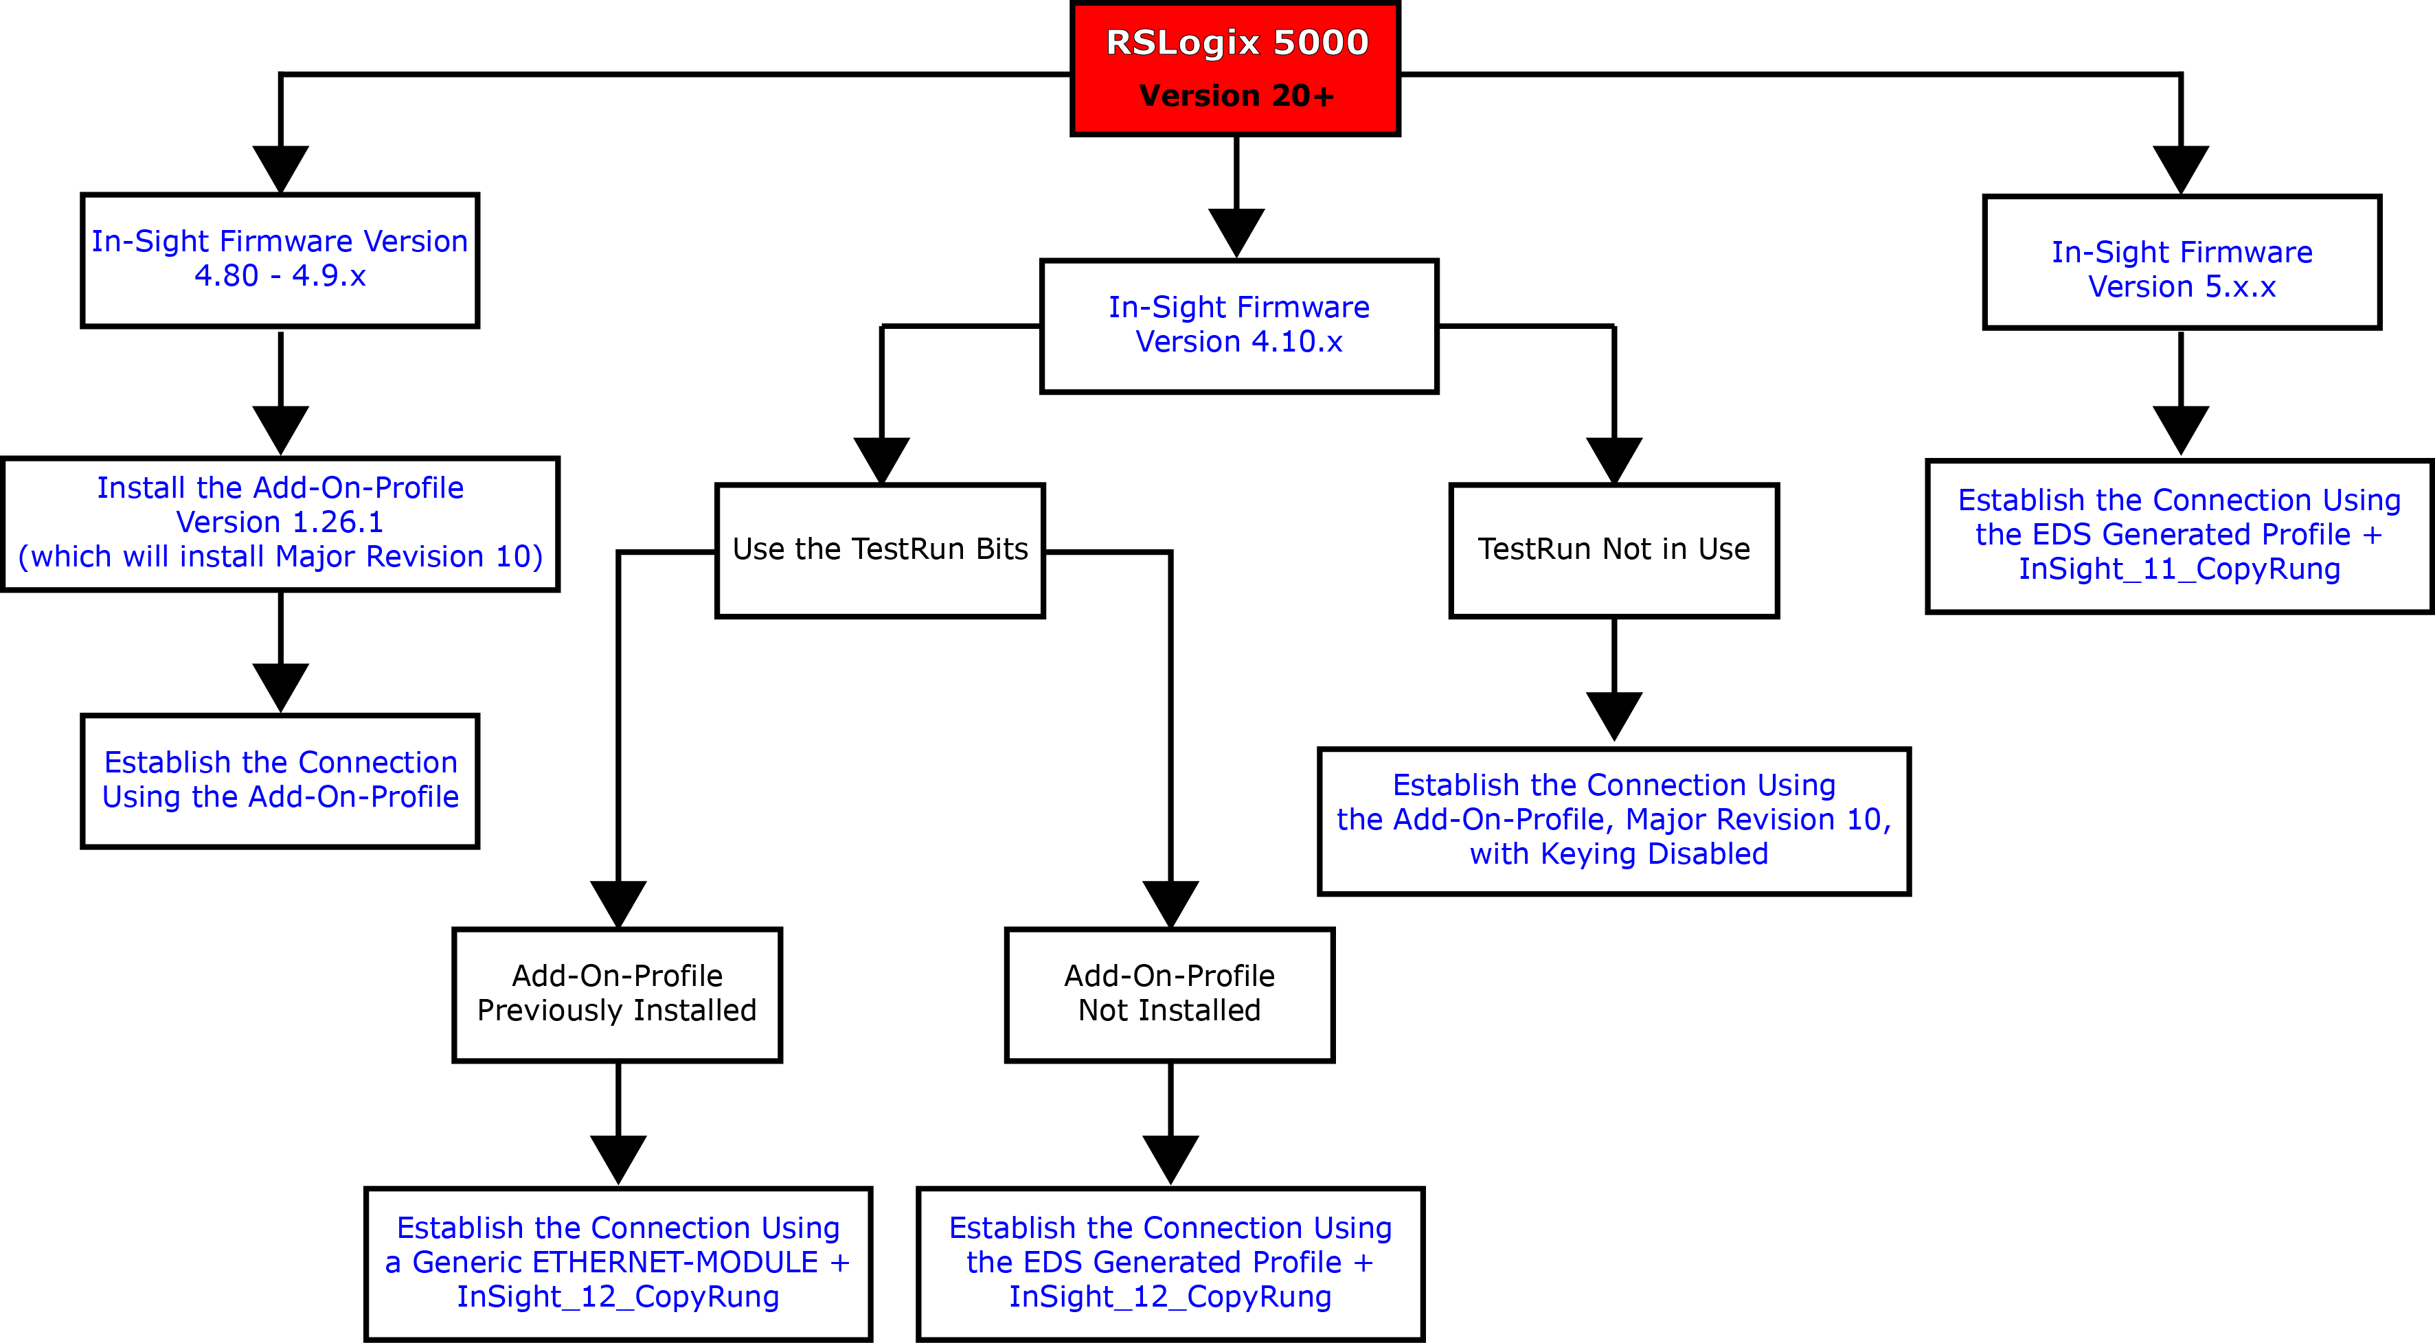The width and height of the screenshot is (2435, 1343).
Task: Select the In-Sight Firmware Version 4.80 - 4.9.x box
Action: point(280,260)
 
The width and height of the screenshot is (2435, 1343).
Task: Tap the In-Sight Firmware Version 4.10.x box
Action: point(1238,325)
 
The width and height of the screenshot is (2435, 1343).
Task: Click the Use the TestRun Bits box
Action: point(879,550)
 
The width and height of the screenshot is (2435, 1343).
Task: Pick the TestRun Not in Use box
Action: point(1613,550)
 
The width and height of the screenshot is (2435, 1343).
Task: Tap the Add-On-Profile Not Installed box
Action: point(1169,994)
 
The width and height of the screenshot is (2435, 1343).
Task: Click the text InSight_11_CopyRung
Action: point(2179,569)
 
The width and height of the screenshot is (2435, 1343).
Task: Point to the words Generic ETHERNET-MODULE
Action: point(615,1263)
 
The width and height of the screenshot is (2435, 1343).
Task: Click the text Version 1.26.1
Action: point(280,522)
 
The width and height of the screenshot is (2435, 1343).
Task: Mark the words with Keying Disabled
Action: point(1618,854)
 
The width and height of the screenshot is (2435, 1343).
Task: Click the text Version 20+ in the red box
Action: point(1236,96)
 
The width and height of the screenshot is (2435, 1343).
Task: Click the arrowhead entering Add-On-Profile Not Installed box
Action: point(1170,904)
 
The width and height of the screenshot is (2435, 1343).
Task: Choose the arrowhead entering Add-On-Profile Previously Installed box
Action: point(618,904)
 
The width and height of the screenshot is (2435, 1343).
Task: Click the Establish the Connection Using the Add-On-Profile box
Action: point(280,781)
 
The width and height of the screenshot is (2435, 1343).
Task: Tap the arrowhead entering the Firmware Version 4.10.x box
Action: point(1236,233)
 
